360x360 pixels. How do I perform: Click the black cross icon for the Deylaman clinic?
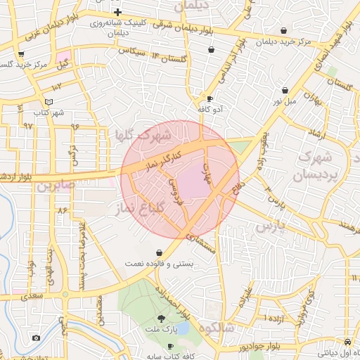117,13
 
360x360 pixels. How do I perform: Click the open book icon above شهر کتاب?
49,101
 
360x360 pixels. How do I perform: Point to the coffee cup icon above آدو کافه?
210,98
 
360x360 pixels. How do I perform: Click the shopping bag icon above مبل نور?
285,91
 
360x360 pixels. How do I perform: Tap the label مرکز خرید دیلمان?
284,42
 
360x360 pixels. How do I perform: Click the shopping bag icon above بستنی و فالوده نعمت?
159,252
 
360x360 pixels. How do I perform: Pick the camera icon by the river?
36,338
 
